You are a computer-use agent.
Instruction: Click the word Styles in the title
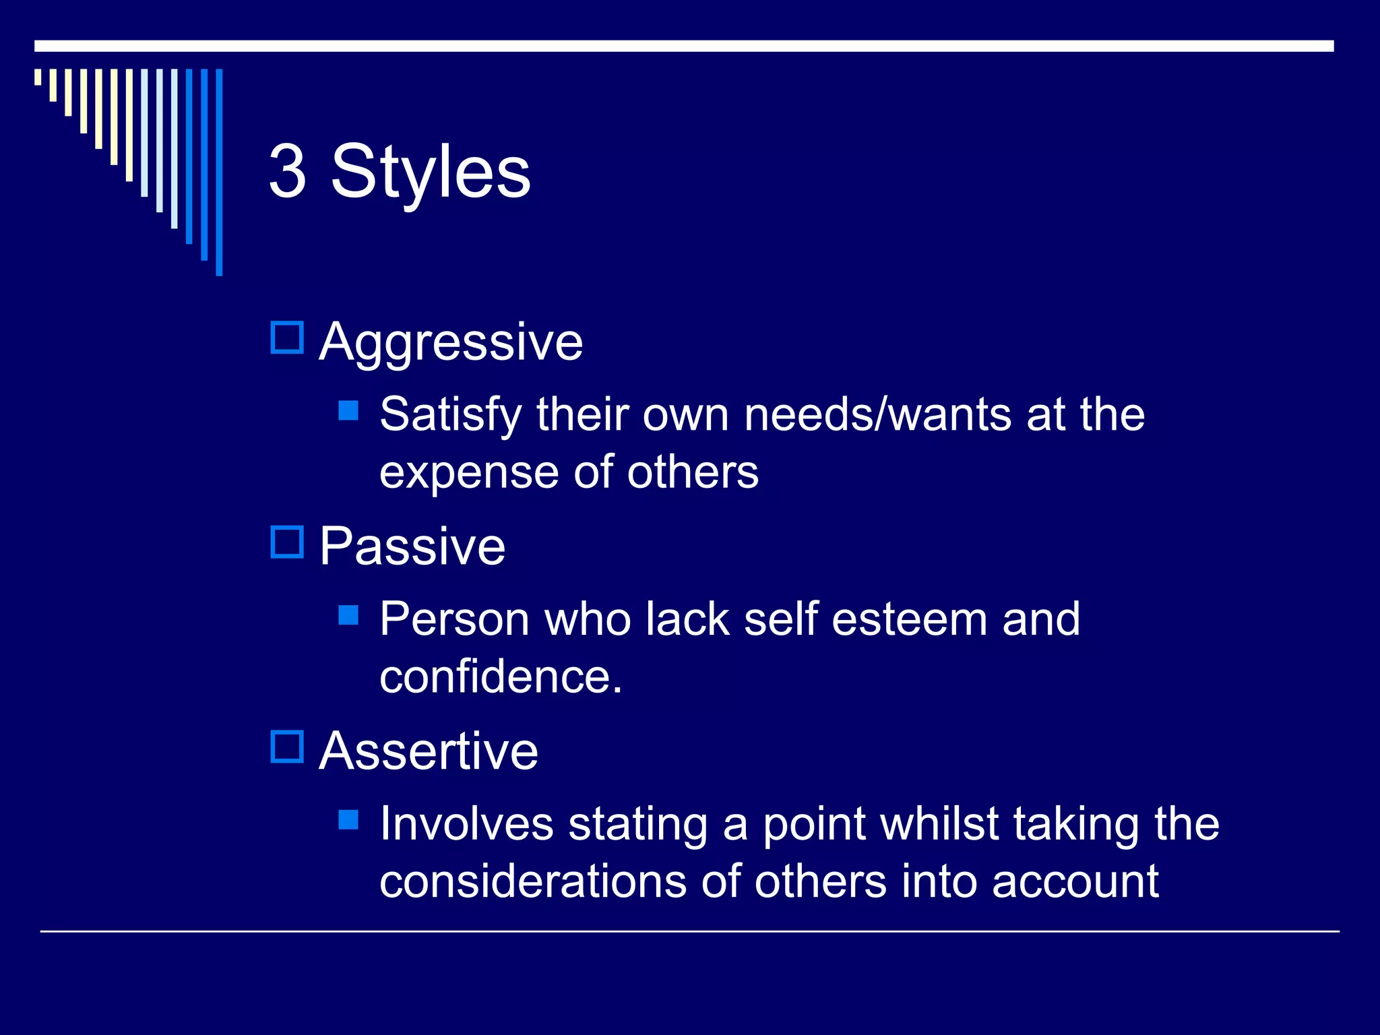point(431,172)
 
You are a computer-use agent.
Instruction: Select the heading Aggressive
point(451,342)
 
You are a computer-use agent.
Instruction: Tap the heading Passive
point(412,546)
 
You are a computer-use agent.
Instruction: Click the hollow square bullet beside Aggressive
point(288,338)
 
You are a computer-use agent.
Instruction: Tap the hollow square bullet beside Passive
point(288,542)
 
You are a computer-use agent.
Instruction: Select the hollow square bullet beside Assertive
point(288,747)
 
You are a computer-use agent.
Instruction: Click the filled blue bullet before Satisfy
point(348,410)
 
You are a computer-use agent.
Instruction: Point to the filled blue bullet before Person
point(348,615)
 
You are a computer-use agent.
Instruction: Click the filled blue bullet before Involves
point(348,819)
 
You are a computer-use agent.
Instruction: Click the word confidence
point(500,677)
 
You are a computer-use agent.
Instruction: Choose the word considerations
point(533,881)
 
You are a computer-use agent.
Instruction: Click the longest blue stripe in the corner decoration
point(219,172)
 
